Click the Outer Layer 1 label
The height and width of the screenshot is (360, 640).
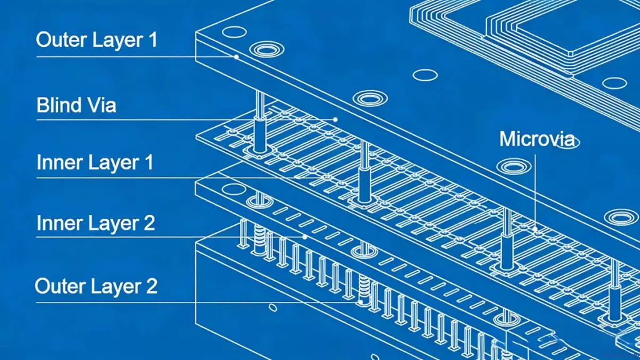click(97, 40)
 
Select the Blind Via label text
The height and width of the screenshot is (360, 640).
click(76, 104)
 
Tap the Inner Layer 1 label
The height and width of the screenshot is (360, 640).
click(95, 163)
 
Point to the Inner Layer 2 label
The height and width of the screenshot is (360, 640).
click(96, 223)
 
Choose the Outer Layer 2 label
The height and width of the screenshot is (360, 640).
click(96, 287)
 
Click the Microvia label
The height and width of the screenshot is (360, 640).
click(536, 139)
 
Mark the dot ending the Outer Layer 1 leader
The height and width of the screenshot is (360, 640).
click(237, 57)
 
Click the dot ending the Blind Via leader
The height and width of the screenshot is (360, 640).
click(336, 119)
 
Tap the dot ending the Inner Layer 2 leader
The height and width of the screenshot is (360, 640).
click(304, 237)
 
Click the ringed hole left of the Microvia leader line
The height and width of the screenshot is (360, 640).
click(512, 166)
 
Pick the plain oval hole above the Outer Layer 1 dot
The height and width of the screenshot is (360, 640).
click(233, 32)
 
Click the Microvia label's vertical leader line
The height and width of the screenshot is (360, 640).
click(534, 187)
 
